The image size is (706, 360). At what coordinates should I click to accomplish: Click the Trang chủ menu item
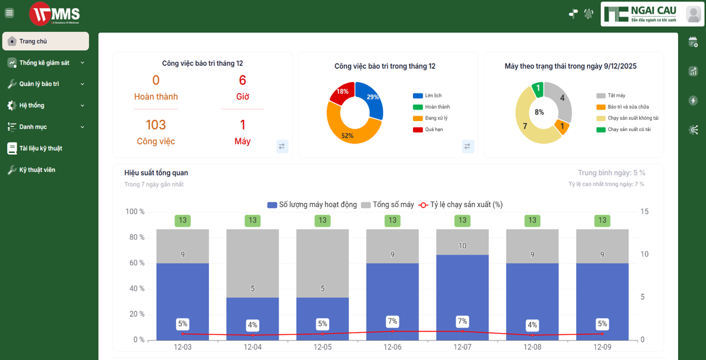coord(45,42)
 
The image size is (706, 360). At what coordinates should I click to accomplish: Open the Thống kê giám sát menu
coord(45,63)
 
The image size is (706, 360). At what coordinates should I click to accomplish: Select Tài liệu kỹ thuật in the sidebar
coord(40,148)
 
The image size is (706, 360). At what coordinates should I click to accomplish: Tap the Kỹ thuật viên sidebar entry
coord(37,170)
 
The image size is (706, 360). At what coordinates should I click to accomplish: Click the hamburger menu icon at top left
coord(9,13)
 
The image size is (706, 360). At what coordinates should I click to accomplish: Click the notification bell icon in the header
coord(589,13)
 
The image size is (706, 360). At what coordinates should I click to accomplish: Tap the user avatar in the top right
coord(693,14)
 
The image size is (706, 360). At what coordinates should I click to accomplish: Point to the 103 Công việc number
coord(155,125)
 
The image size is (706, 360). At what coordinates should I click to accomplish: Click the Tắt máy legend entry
coord(616,95)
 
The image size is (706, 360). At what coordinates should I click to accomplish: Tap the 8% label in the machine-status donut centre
coord(539,112)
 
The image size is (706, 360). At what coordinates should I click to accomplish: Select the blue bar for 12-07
coord(462,297)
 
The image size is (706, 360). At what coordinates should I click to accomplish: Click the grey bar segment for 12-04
coord(252,261)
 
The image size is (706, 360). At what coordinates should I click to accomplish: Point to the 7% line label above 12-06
coord(392,321)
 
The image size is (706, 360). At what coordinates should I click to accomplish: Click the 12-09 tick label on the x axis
coord(602,348)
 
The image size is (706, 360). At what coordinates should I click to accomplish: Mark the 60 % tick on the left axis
coord(135,263)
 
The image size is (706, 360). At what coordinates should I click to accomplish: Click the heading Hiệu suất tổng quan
coord(156,173)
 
